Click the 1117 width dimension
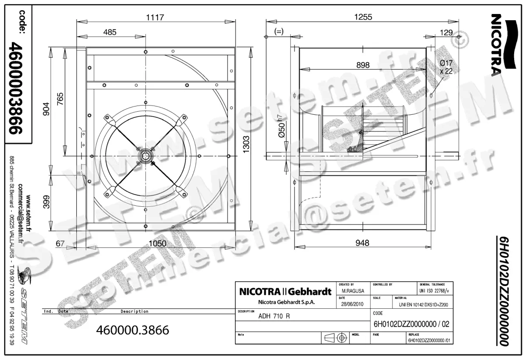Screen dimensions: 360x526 pyautogui.click(x=155, y=17)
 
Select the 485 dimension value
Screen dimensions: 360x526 pyautogui.click(x=110, y=32)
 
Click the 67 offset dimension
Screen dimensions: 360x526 pyautogui.click(x=60, y=244)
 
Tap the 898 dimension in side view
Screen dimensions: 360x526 pyautogui.click(x=363, y=65)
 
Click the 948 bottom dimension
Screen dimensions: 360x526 pyautogui.click(x=363, y=243)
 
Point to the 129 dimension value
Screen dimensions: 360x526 pyautogui.click(x=446, y=32)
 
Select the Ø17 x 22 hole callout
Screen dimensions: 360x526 pyautogui.click(x=445, y=67)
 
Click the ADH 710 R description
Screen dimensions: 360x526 pyautogui.click(x=274, y=317)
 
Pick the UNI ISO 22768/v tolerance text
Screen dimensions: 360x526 pyautogui.click(x=434, y=290)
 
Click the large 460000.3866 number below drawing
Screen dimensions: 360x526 pyautogui.click(x=132, y=330)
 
